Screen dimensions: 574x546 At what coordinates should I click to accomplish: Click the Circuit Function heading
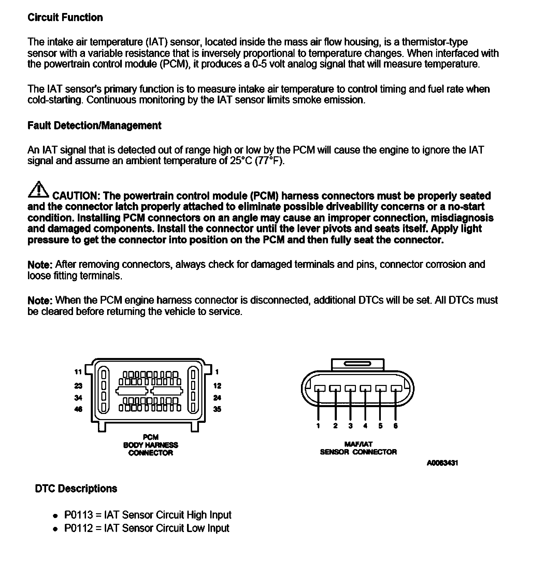coord(65,18)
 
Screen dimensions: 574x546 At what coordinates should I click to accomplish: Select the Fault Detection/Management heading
coord(94,126)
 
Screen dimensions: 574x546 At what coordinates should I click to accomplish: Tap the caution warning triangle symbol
coord(39,190)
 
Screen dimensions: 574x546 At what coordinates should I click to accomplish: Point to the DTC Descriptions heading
coord(76,489)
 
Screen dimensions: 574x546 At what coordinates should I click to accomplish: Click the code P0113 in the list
coord(78,515)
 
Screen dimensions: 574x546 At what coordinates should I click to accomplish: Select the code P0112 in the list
coord(78,528)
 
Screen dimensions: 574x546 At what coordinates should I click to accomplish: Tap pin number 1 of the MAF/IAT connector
coord(318,426)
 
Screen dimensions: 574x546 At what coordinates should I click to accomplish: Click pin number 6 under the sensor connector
coord(396,426)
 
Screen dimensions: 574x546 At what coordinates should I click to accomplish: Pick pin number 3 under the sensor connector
coord(350,426)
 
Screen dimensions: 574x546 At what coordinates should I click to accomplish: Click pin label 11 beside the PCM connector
coord(78,372)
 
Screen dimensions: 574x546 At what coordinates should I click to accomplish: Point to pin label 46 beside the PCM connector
coord(78,409)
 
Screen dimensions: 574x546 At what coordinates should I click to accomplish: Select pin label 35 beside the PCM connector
coord(217,409)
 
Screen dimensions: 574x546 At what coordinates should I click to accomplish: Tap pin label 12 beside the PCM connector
coord(217,386)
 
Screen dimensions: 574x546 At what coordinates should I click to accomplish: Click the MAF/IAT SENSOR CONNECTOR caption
coord(358,448)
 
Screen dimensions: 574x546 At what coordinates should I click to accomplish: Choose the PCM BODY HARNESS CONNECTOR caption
coord(150,445)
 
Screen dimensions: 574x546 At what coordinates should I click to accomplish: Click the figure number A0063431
coord(442,463)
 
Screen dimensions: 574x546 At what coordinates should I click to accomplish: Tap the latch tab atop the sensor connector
coord(358,364)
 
